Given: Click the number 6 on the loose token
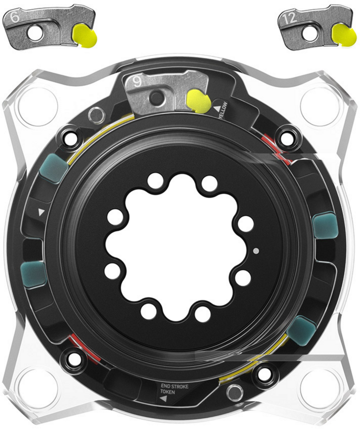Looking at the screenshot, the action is pyautogui.click(x=15, y=18).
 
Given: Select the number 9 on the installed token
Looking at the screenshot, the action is pyautogui.click(x=137, y=82).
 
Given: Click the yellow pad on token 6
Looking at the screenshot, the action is pyautogui.click(x=84, y=35).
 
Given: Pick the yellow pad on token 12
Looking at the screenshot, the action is pyautogui.click(x=344, y=35).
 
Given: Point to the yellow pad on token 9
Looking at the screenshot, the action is pyautogui.click(x=198, y=101).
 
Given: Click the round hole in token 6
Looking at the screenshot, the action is pyautogui.click(x=35, y=33).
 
